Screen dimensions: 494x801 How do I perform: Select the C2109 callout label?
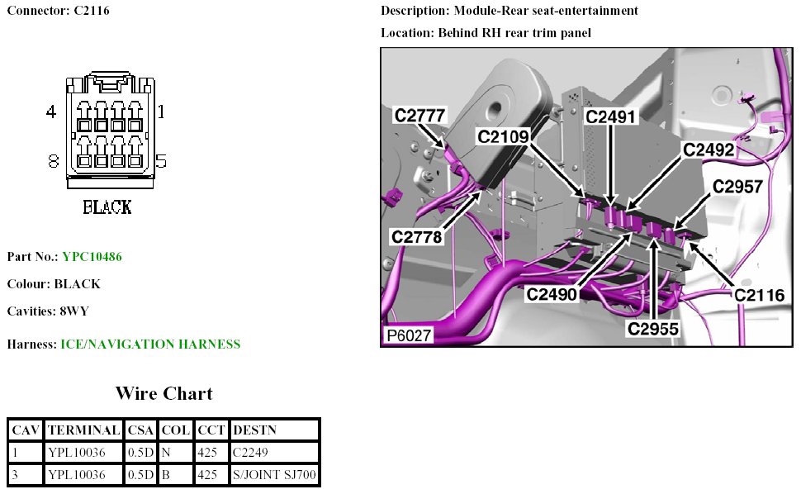point(504,135)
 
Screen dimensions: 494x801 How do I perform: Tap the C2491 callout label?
point(611,116)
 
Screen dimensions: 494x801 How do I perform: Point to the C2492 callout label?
point(709,150)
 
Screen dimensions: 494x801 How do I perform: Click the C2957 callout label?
point(737,187)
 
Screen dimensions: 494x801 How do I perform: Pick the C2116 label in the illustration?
point(759,295)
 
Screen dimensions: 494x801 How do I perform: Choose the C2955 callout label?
point(652,329)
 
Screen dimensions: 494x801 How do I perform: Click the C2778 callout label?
point(418,236)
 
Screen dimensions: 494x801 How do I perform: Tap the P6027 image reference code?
point(407,336)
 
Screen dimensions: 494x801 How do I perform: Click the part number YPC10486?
point(92,257)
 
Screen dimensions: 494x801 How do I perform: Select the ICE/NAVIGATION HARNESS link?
point(150,344)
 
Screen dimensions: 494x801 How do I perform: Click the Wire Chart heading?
point(164,393)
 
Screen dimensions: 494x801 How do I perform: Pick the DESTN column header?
point(255,430)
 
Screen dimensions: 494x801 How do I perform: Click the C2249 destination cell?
point(251,453)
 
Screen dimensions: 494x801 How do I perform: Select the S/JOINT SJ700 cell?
point(274,475)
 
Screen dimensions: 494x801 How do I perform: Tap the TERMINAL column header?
point(83,430)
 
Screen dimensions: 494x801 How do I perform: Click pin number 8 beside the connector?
point(54,162)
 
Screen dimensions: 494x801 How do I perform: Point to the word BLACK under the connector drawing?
point(107,207)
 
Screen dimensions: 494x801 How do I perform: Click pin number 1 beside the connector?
point(161,111)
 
